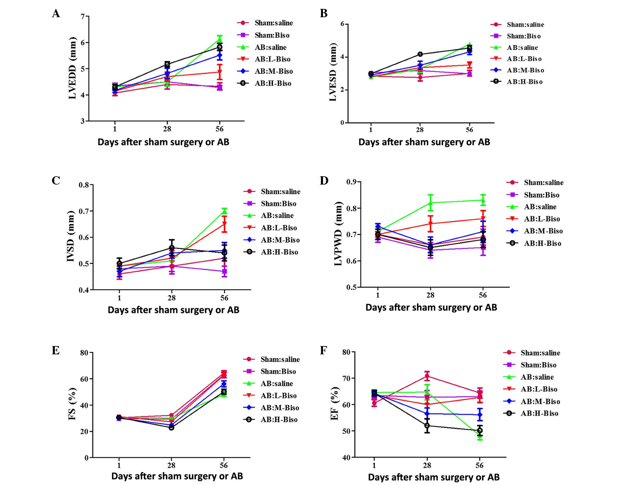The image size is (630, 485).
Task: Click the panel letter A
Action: pos(56,14)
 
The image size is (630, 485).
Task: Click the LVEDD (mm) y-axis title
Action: pos(73,68)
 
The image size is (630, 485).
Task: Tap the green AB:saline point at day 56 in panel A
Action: pos(220,39)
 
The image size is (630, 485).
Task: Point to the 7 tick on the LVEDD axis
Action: pos(82,16)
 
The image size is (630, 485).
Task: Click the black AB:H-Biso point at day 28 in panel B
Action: pos(420,54)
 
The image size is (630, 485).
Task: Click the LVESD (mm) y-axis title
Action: pos(333,72)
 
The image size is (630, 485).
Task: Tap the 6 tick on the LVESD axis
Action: pos(342,24)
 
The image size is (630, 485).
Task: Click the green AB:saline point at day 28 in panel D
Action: pos(430,203)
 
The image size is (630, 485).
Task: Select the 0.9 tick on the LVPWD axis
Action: pos(352,182)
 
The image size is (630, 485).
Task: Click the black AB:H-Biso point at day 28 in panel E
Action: pos(171,428)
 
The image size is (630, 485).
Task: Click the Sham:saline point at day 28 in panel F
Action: pos(427,376)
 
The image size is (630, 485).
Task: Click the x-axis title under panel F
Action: pos(434,477)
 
